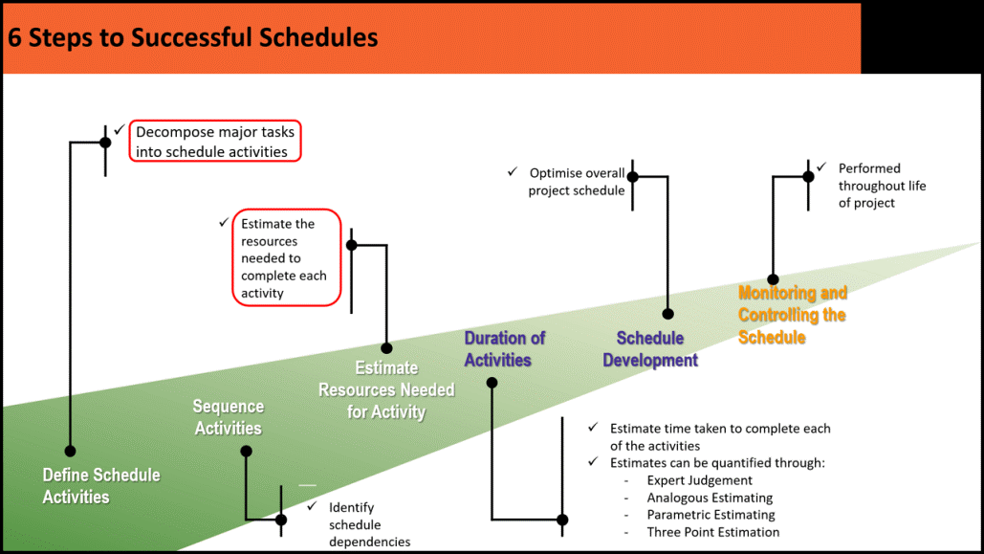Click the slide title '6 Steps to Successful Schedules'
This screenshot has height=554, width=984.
(193, 38)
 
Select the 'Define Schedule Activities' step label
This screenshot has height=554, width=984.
(101, 485)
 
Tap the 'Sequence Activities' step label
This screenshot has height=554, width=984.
(228, 417)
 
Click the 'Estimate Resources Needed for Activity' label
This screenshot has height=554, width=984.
(386, 389)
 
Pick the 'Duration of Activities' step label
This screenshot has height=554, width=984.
(504, 349)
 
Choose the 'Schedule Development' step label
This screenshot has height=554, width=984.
(650, 349)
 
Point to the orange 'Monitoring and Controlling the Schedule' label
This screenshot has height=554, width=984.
(792, 315)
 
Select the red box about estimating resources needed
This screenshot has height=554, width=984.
(287, 258)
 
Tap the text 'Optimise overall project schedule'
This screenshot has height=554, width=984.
(577, 182)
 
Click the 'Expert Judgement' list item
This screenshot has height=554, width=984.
(699, 480)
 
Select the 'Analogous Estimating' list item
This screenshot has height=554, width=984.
(710, 498)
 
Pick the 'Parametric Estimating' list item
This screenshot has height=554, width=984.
(711, 515)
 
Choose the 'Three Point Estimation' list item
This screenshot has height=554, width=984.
(712, 532)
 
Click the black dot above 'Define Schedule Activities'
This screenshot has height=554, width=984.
(70, 451)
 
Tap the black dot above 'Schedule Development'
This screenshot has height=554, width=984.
(668, 314)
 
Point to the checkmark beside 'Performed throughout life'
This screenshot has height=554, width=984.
(821, 167)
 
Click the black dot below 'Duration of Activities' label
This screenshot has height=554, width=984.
(492, 383)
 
